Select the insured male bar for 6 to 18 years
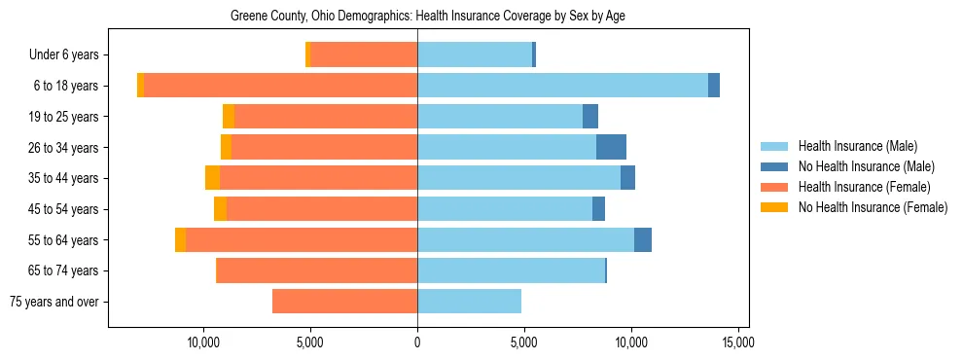pos(562,86)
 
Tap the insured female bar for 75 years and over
pos(344,302)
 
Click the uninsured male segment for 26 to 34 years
pos(611,147)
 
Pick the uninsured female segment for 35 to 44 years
pos(212,178)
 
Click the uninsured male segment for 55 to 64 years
pos(643,239)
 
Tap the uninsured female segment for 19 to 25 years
pos(229,117)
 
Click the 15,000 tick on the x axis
pos(737,342)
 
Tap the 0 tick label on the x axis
pos(417,342)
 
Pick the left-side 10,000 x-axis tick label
pos(203,342)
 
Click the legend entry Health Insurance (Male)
pos(857,146)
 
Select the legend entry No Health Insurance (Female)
pos(873,207)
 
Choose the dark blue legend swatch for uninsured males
pos(774,166)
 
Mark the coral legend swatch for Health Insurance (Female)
pos(774,187)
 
